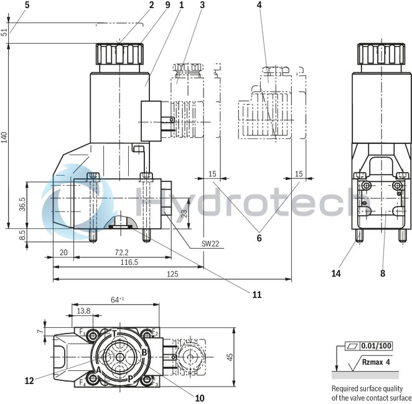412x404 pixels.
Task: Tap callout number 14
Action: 337,272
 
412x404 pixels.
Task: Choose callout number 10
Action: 200,397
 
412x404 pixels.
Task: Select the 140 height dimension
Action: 4,137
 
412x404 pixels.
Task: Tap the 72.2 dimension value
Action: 122,252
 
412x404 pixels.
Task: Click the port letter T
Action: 114,332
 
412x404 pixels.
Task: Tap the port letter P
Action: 130,378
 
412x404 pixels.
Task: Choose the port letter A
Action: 98,368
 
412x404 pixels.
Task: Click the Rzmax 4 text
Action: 377,361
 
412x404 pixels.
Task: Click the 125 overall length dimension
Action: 172,274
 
